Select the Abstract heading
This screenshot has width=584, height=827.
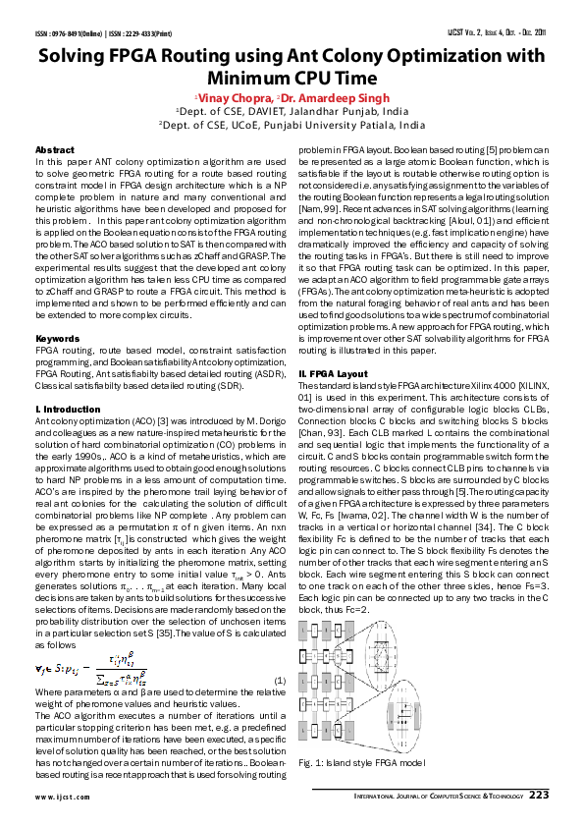pyautogui.click(x=54, y=150)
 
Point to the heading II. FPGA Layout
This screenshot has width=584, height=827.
pyautogui.click(x=333, y=373)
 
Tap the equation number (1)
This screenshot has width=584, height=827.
pyautogui.click(x=280, y=680)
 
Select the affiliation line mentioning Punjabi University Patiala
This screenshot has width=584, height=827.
pyautogui.click(x=292, y=126)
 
